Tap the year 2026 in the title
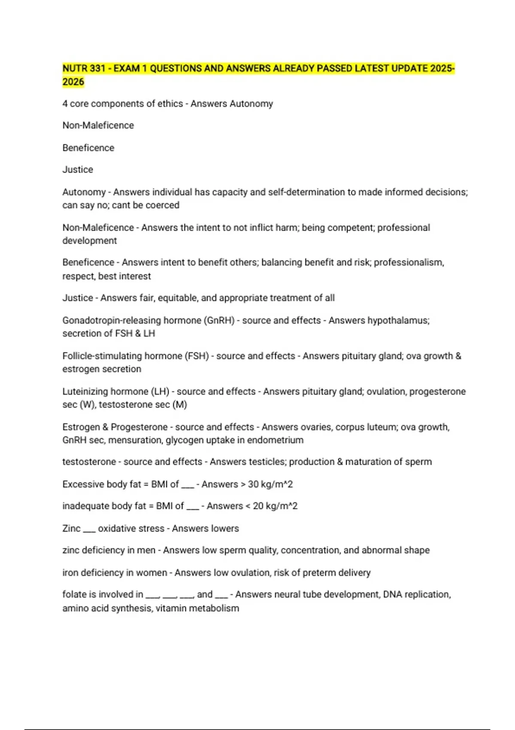pos(73,82)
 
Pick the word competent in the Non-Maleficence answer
pos(351,228)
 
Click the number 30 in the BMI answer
pos(253,484)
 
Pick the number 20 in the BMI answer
pos(258,506)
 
